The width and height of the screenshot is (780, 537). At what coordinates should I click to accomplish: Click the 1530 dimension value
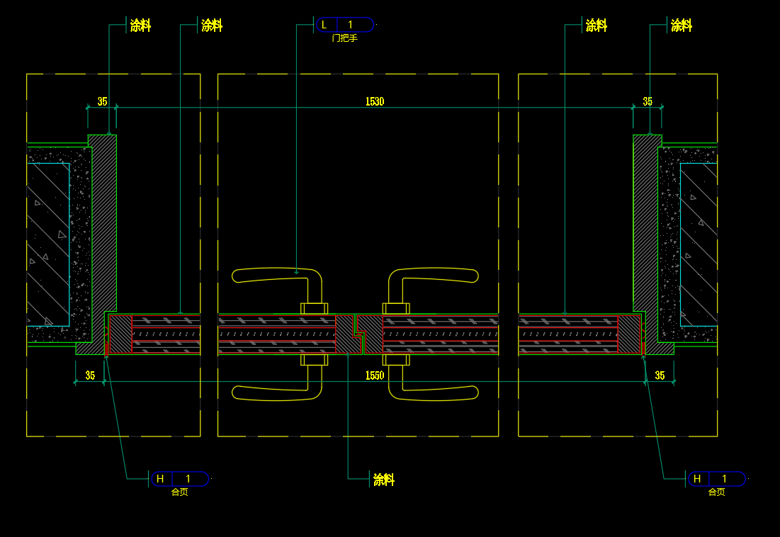pos(375,101)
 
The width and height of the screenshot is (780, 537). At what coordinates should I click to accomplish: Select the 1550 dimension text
pos(375,375)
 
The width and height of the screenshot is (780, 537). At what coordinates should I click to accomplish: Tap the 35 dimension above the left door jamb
pos(102,101)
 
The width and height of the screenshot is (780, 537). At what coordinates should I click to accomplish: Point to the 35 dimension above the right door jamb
pos(648,101)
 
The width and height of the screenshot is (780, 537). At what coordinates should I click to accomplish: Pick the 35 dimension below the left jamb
pos(90,375)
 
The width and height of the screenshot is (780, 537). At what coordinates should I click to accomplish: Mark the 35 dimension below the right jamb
pos(660,375)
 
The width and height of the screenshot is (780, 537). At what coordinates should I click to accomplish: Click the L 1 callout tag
pos(345,24)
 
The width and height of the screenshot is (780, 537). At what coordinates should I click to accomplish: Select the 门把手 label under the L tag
pos(344,38)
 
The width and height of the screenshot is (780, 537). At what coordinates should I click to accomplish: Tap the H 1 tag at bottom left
pos(179,479)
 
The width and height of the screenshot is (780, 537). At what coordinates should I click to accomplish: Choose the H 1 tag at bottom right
pos(716,479)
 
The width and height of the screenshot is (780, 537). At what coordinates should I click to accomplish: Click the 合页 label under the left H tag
pos(179,492)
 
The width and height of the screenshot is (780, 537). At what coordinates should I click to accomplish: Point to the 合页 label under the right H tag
pos(716,492)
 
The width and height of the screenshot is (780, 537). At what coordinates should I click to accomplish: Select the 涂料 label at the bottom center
pos(383,480)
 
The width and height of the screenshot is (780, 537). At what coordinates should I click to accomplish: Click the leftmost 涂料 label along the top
pos(140,26)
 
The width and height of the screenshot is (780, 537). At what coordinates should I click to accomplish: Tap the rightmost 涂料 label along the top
pos(681,26)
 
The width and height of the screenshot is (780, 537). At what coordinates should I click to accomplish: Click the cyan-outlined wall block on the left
pos(48,244)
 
